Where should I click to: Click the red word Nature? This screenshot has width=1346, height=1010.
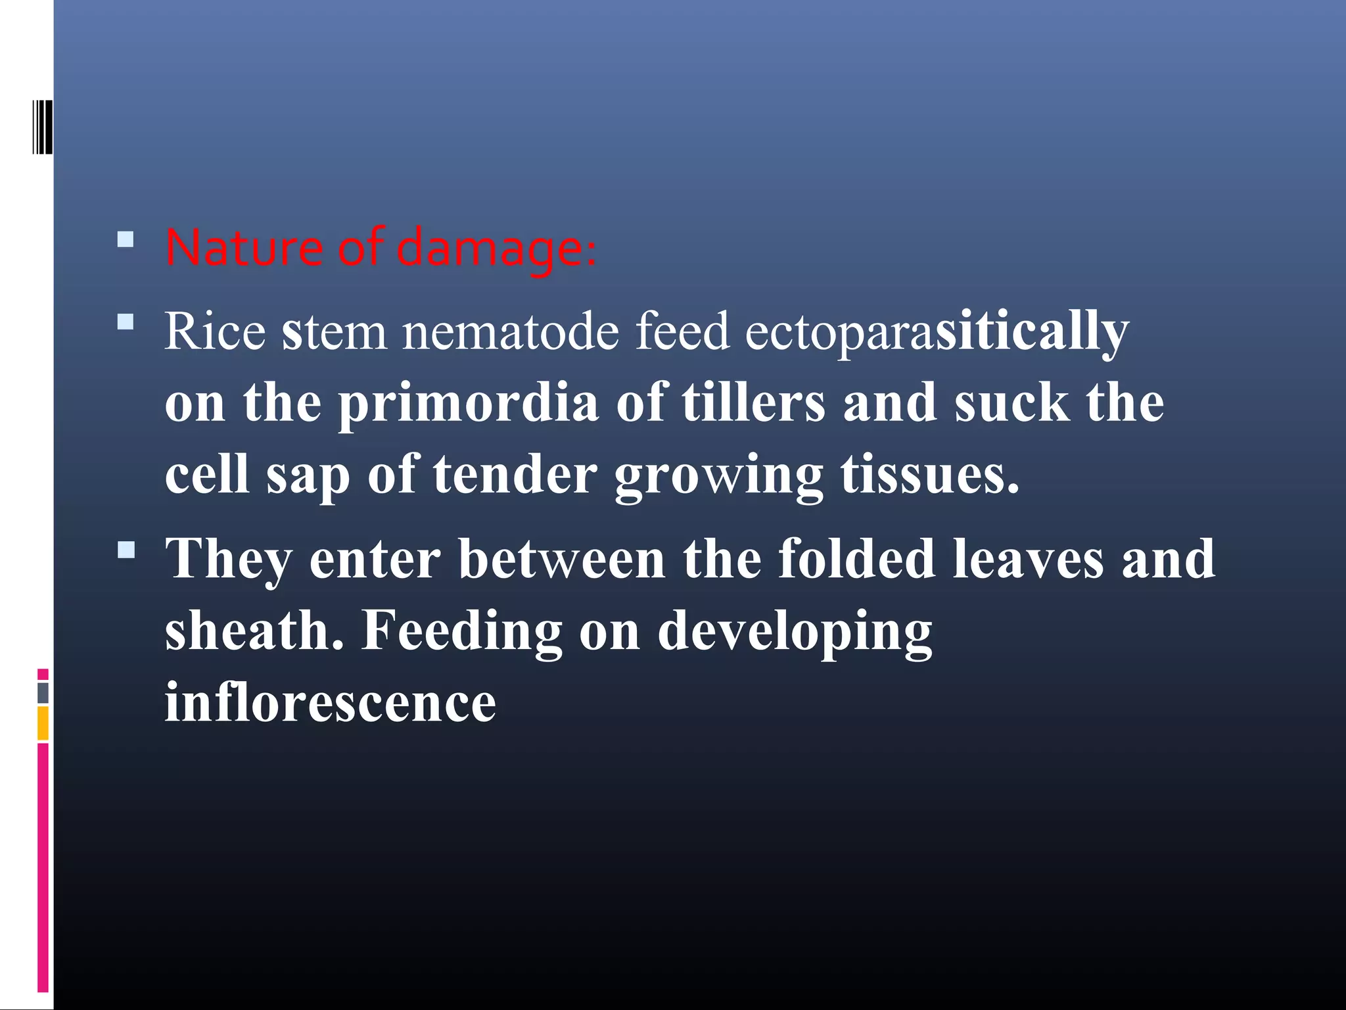click(243, 248)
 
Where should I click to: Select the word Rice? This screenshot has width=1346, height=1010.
click(215, 331)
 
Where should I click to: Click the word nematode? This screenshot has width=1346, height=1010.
click(510, 331)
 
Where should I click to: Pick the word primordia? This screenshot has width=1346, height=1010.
click(468, 403)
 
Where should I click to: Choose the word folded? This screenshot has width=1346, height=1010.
click(856, 558)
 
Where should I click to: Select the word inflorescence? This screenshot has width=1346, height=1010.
click(330, 702)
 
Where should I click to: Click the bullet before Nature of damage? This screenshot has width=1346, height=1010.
click(126, 239)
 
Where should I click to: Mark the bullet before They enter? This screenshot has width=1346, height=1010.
click(126, 550)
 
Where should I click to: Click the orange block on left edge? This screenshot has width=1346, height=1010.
click(43, 723)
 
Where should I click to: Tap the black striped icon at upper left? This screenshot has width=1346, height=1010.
click(42, 127)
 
